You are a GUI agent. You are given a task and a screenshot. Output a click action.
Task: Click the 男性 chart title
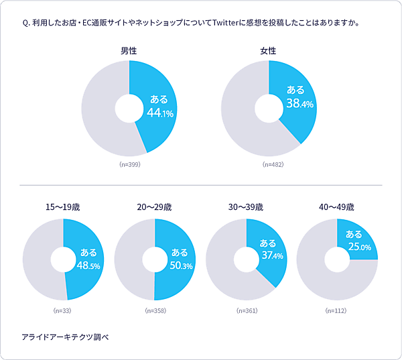point(129,51)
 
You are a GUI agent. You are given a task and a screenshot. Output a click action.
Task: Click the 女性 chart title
point(269,51)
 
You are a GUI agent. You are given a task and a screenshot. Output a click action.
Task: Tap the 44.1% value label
point(159,113)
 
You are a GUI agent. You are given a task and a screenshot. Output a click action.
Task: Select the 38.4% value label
point(299,104)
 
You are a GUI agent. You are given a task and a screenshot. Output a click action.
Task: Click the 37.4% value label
point(271,256)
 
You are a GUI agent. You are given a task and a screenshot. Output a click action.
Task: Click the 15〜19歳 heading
point(62,206)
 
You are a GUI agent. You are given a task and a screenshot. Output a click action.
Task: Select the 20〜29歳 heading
point(154,206)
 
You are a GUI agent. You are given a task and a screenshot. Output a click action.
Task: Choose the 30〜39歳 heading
point(245,206)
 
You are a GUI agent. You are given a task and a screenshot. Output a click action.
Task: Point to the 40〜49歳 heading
point(336,206)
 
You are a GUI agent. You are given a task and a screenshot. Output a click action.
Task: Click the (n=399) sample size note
point(129,164)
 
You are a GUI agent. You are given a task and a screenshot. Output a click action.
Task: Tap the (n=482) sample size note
point(269,164)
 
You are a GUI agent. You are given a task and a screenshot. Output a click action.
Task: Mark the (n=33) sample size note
point(62,311)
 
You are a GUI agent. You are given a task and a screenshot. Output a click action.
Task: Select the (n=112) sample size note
point(336,311)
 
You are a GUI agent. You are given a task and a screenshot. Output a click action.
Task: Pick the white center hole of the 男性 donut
point(129,107)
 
